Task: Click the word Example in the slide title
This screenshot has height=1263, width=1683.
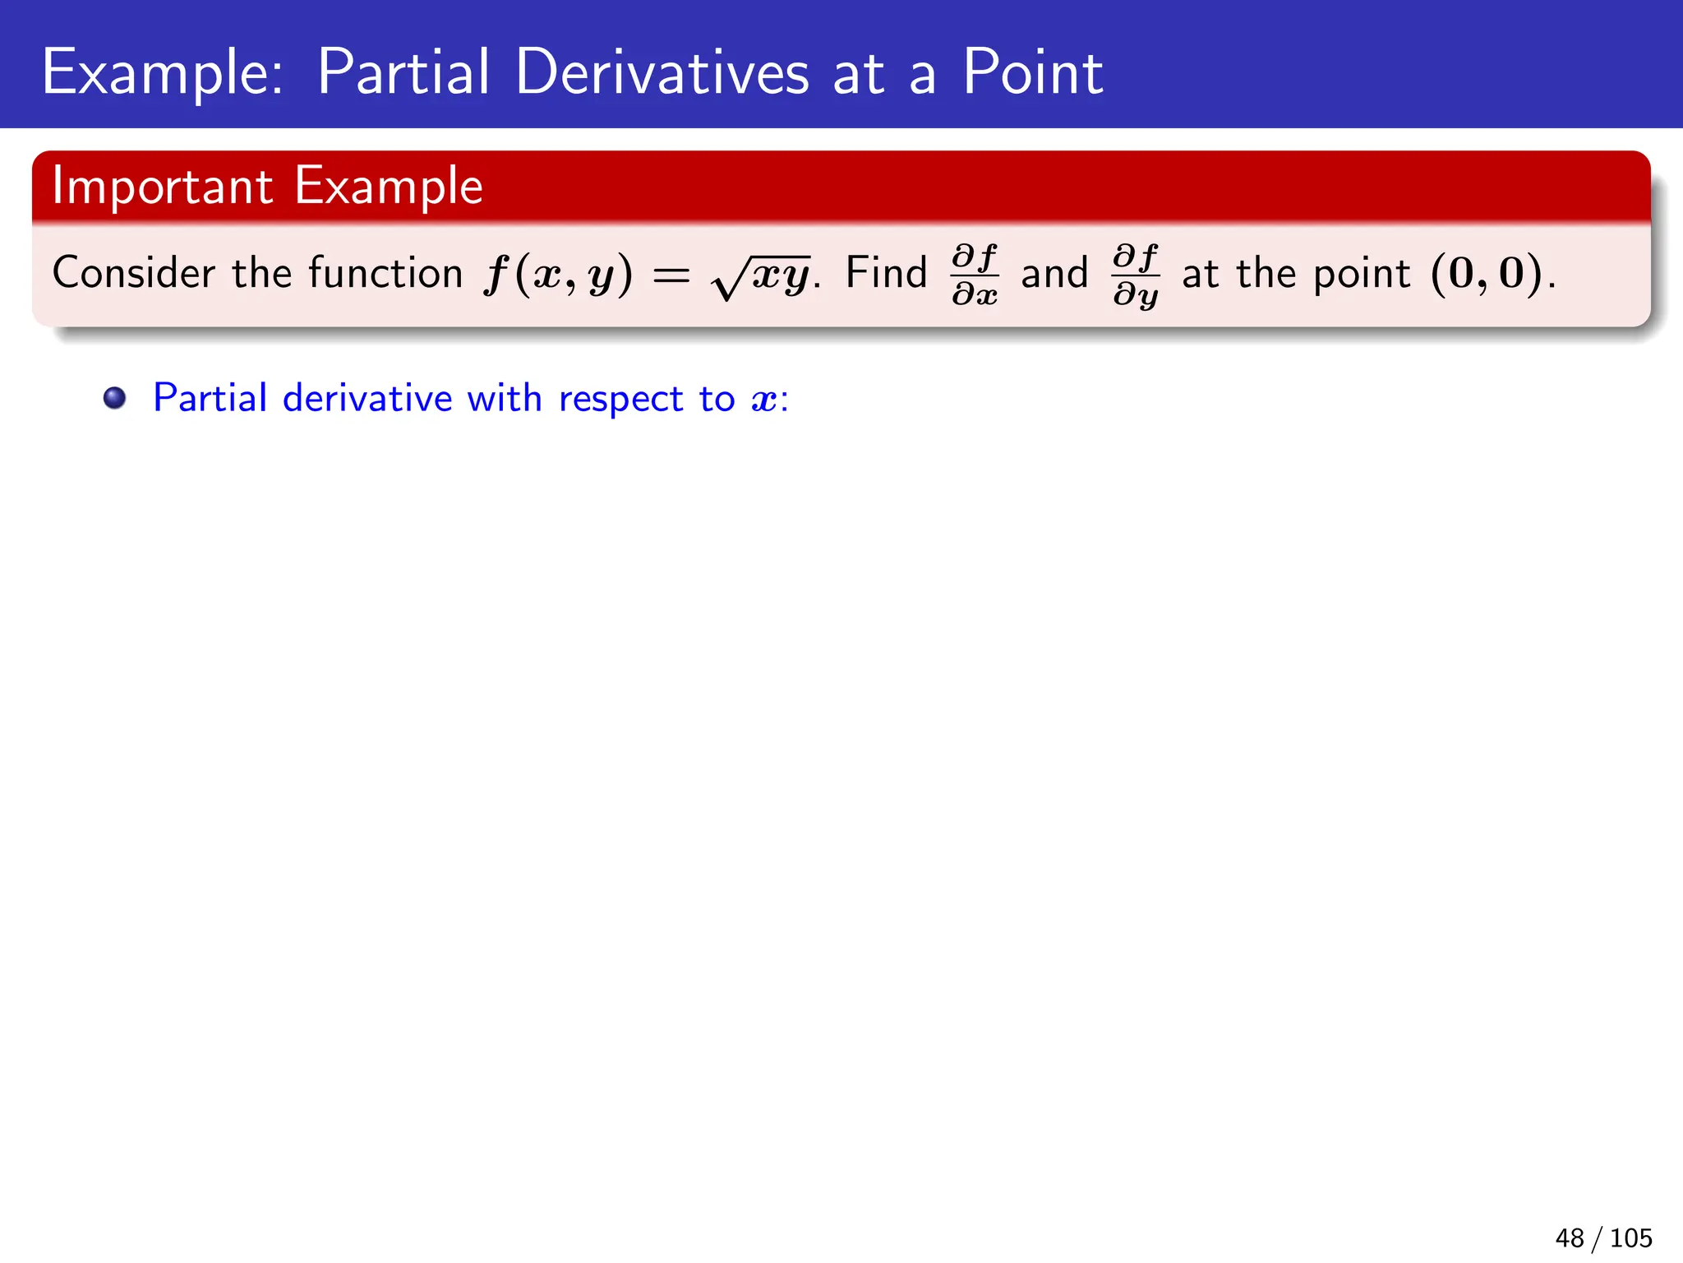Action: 162,74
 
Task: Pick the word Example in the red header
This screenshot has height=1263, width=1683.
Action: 389,187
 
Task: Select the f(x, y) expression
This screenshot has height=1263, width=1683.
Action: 558,275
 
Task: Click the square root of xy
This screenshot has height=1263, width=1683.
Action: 761,276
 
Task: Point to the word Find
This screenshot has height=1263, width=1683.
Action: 886,273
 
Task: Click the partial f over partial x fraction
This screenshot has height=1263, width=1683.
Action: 975,275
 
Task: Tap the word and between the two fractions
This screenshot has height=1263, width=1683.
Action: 1054,274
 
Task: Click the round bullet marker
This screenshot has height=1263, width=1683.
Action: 115,399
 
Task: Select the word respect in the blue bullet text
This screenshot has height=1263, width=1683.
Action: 620,400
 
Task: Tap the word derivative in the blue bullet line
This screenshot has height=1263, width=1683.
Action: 367,399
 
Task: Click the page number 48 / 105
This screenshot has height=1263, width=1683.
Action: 1603,1238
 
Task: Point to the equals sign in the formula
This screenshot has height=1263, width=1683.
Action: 671,276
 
